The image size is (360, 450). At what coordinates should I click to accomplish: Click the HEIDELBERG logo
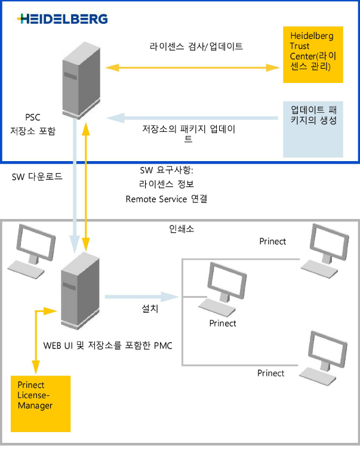tap(63, 19)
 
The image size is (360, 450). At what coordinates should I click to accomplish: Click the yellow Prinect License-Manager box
tap(41, 403)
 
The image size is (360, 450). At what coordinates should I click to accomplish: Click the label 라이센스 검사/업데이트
tap(196, 46)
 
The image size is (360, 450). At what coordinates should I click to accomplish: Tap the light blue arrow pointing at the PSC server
tap(197, 118)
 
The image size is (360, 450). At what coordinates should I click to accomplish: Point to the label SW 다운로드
tap(37, 177)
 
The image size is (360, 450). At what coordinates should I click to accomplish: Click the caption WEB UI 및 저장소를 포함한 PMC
tap(108, 345)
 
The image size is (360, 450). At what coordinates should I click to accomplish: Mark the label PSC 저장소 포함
tap(33, 124)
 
